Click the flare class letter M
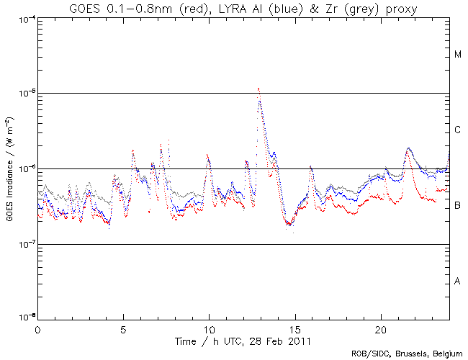click(458, 55)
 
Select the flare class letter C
click(458, 130)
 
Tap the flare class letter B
click(458, 206)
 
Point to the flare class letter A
click(458, 281)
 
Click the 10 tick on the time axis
click(209, 329)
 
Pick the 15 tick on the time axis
click(294, 329)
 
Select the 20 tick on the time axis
click(380, 329)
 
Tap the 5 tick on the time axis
click(123, 329)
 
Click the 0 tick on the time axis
click(37, 329)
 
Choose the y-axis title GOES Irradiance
click(10, 168)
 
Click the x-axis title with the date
click(243, 340)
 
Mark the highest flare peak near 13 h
click(258, 89)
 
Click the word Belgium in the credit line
click(445, 354)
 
